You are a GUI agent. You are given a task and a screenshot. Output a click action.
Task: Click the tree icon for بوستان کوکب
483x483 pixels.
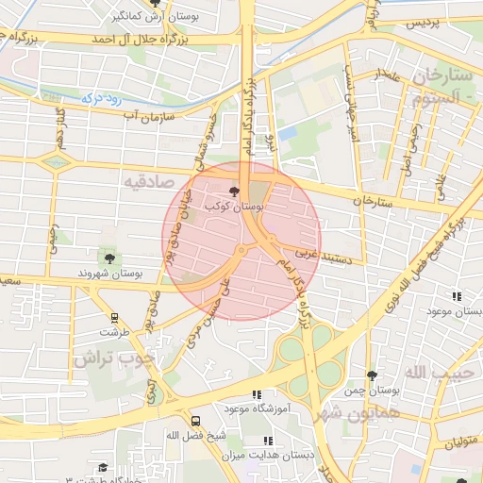235,192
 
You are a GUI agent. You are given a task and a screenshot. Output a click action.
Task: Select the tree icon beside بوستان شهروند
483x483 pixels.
110,257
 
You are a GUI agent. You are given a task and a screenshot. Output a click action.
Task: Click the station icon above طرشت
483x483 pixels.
115,318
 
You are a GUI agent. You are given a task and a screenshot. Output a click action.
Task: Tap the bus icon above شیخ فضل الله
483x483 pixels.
195,421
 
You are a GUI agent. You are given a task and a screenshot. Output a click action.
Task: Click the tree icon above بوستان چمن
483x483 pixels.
372,375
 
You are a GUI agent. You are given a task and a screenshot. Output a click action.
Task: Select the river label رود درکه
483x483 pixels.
101,95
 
